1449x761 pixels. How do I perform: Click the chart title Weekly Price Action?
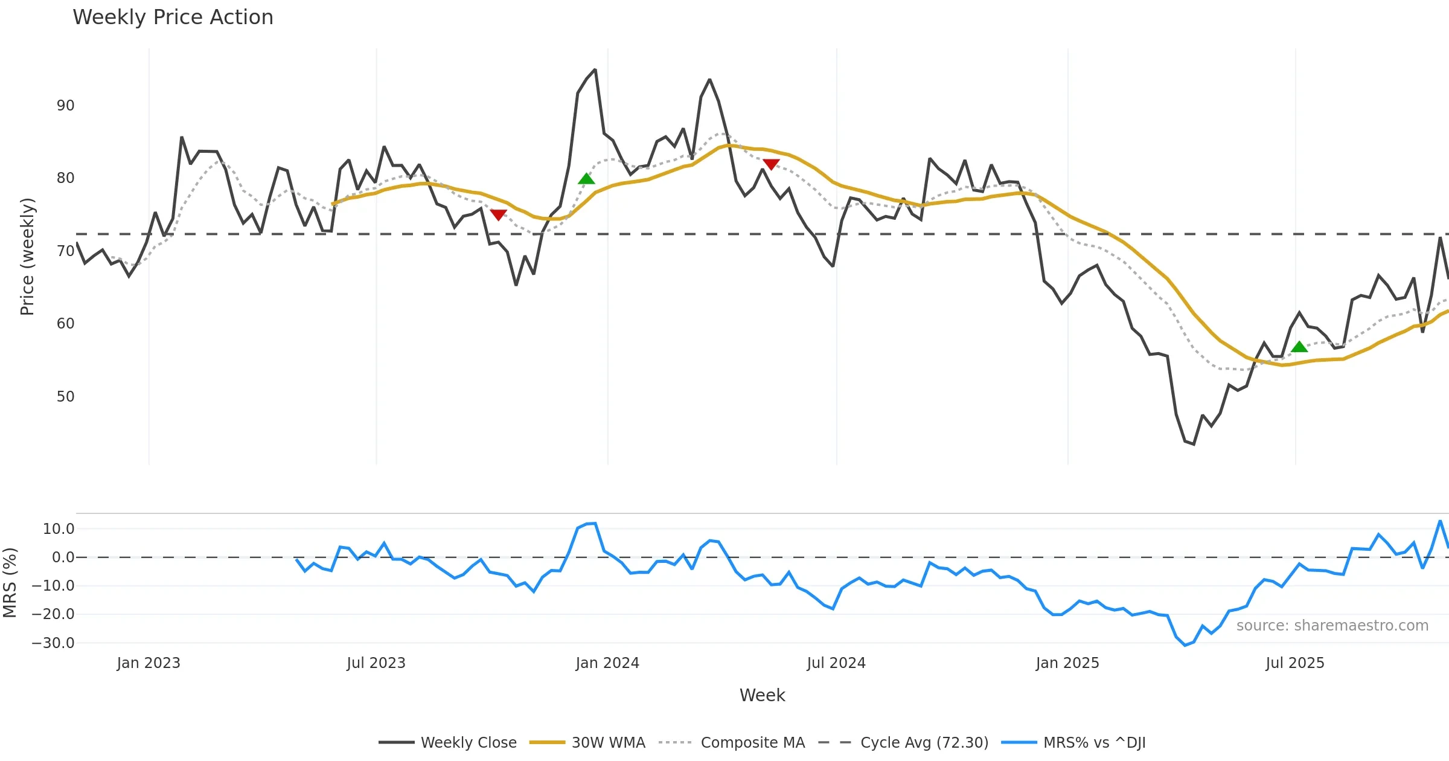173,18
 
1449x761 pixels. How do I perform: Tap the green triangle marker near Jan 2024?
586,179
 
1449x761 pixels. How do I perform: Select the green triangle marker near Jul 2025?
1299,347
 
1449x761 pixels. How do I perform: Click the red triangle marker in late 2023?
498,214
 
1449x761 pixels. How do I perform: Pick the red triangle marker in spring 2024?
771,164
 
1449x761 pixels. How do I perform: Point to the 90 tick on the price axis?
65,106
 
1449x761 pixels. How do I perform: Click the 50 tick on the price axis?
65,397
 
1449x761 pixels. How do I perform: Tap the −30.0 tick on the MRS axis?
53,643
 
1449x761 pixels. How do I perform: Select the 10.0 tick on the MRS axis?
59,529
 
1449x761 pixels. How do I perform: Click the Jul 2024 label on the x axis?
836,663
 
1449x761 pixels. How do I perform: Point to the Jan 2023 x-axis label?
149,663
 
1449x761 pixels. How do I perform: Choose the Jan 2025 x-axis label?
1067,663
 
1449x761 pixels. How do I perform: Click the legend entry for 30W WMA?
608,742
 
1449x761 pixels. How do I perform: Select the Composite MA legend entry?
752,742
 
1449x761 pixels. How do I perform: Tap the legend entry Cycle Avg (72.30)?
924,742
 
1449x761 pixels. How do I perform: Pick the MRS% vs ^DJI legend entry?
1094,742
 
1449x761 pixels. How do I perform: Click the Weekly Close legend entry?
468,742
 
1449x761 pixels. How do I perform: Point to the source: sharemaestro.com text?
1332,626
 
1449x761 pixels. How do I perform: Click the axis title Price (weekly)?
27,257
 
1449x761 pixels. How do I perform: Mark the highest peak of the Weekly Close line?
595,70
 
